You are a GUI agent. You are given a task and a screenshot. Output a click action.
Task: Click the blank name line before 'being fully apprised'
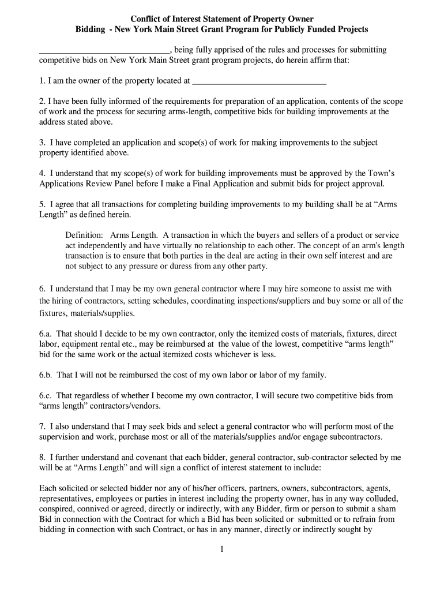[x=104, y=50]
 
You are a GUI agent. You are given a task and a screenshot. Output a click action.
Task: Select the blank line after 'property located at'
[x=259, y=81]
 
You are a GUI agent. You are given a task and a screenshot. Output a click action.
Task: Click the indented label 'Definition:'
[x=84, y=235]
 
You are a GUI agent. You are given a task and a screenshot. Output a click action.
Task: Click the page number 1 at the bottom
[x=221, y=549]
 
